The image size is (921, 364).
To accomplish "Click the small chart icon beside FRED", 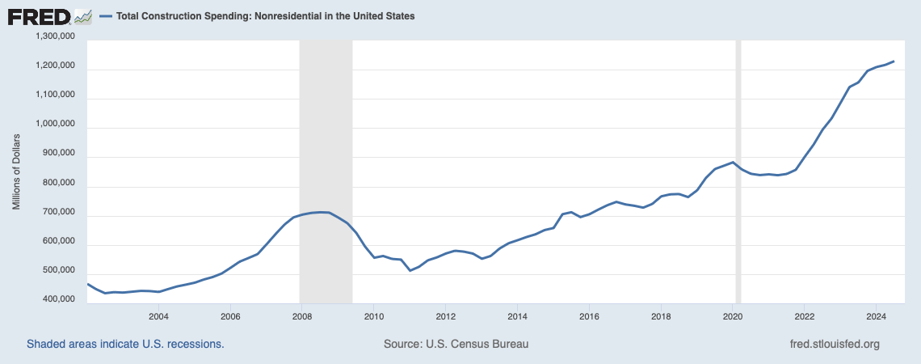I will point(82,15).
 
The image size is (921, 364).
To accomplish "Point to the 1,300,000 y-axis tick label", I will point(55,36).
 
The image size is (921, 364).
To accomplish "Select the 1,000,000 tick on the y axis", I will point(55,125).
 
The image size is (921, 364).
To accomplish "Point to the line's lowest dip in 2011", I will point(410,270).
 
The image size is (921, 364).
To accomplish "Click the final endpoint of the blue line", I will point(894,61).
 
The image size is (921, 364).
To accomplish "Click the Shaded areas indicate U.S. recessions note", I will point(125,344).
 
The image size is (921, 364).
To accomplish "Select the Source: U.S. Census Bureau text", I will point(456,344).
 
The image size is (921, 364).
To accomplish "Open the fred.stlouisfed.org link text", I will point(834,344).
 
